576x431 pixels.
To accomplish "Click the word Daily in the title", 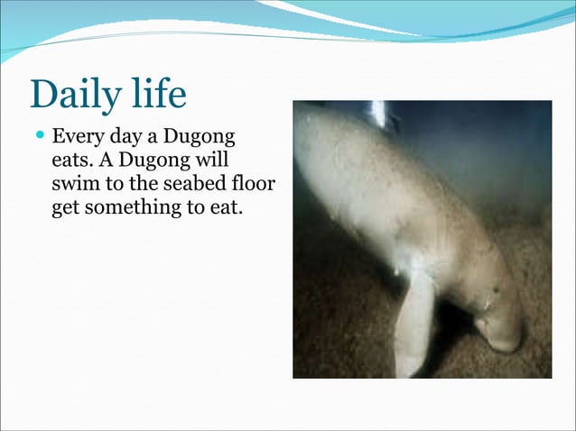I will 73,94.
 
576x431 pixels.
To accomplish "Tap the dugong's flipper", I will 414,320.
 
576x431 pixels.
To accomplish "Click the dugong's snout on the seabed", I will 502,339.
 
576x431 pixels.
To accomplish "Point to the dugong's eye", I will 494,290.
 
